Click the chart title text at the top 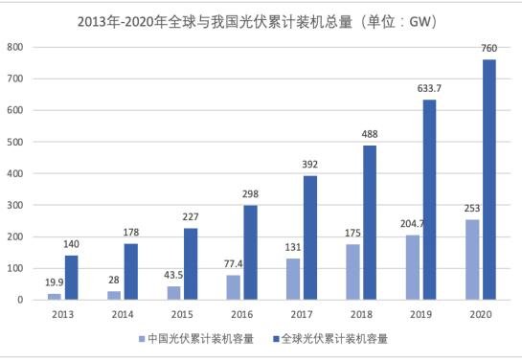261,18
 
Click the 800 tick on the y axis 15,47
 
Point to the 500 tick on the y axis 15,142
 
